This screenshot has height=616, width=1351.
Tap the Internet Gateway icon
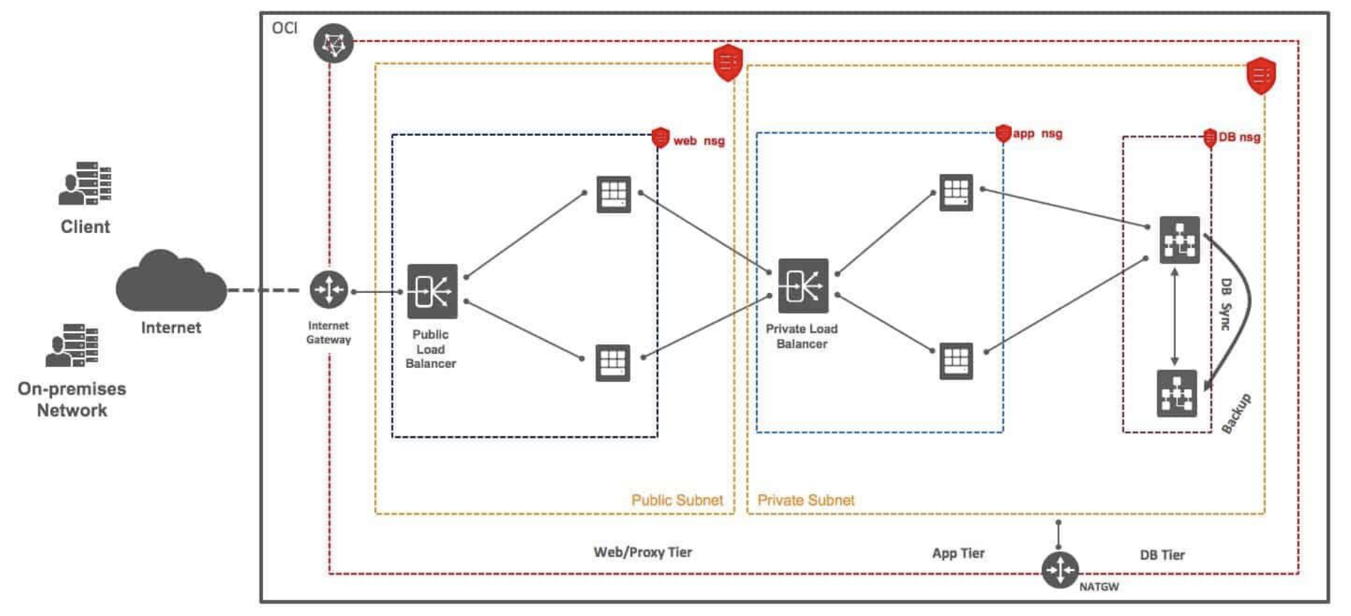328,290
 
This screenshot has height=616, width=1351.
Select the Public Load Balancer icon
432,291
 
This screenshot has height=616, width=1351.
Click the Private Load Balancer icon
803,286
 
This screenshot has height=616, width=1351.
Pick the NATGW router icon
1060,570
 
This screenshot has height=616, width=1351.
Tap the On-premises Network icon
72,345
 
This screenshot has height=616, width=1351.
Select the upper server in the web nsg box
614,194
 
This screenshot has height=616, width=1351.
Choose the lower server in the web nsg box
613,362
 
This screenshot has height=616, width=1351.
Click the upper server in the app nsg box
956,192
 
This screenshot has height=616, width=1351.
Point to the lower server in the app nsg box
956,361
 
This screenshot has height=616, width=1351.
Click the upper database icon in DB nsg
1179,240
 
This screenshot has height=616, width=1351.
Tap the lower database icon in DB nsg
1176,394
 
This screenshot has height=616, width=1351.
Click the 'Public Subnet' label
677,500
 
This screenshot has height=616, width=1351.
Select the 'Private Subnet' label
806,500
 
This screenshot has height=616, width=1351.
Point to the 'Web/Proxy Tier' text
643,552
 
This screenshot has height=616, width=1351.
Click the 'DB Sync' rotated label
1226,304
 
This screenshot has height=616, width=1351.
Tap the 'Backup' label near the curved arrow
1236,414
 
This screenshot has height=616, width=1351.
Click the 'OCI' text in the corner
284,28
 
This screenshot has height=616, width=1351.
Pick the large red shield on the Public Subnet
728,62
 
